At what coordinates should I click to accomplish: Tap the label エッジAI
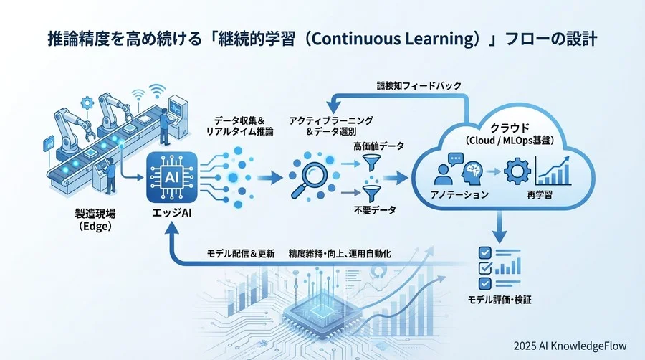[166, 213]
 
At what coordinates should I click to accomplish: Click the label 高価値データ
[378, 146]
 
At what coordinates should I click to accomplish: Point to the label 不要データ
[375, 212]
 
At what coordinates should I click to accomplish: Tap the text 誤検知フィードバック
[419, 85]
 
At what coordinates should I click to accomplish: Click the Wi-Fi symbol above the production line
[153, 91]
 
